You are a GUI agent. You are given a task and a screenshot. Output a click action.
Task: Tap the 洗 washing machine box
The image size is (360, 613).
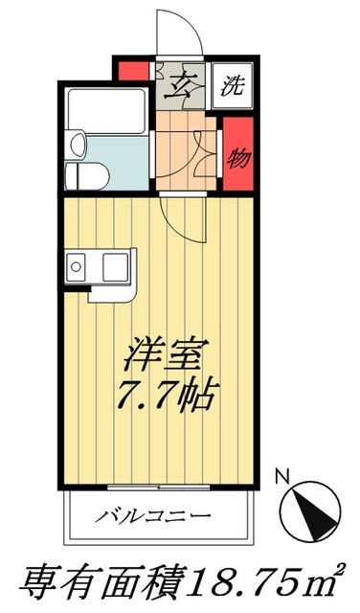[x=232, y=87]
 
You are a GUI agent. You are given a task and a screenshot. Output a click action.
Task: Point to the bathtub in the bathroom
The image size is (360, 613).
[x=106, y=110]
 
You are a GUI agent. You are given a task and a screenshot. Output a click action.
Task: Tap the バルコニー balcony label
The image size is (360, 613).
[x=153, y=517]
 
